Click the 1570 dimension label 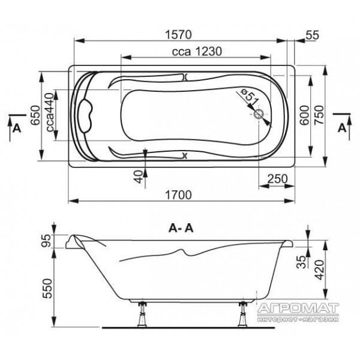(x=178, y=35)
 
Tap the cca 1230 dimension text (x=197, y=52)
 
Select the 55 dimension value (x=313, y=35)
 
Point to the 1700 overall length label (x=178, y=195)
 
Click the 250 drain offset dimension (x=278, y=179)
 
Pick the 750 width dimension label (x=319, y=115)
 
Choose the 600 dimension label (x=304, y=115)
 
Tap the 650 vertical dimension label (x=35, y=115)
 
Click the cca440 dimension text (x=50, y=112)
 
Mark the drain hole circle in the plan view (x=259, y=113)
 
